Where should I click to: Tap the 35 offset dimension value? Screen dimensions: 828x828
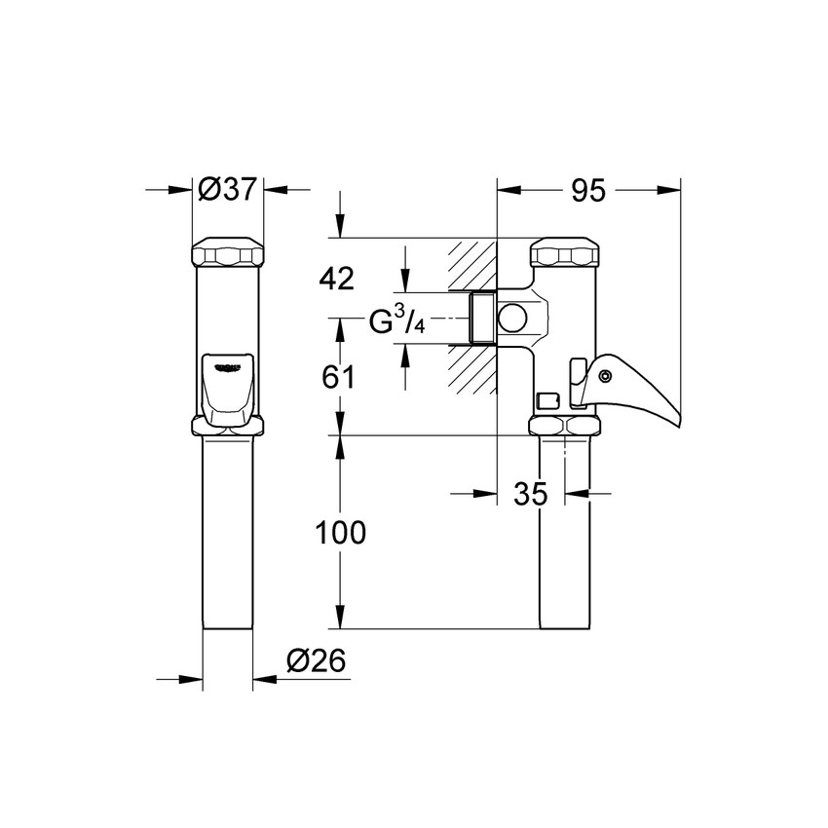pos(530,494)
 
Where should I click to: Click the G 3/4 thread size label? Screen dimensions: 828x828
pos(396,322)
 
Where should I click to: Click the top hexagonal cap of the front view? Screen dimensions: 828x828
pos(227,255)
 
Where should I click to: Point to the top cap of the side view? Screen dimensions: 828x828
pos(565,254)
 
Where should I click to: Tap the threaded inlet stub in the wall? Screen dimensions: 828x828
pos(480,318)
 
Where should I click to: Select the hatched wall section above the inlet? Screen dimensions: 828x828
pos(471,264)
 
